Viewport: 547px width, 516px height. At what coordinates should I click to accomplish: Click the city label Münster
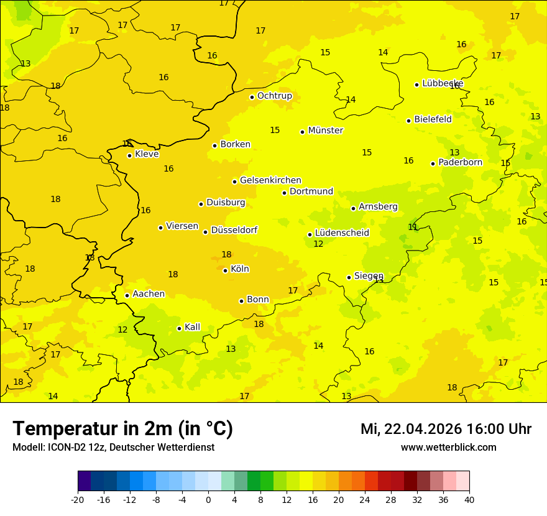(325, 131)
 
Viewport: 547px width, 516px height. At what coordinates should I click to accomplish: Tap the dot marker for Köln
(225, 270)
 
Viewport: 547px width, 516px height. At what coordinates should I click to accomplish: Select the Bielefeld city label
(433, 119)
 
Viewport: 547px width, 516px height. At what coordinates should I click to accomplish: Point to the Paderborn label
(460, 162)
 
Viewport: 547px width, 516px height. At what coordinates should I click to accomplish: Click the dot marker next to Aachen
(127, 295)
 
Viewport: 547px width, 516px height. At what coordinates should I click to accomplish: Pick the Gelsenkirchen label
(270, 180)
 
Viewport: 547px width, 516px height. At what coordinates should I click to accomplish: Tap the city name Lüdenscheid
(342, 233)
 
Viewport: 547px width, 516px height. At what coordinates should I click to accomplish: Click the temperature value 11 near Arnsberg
(413, 227)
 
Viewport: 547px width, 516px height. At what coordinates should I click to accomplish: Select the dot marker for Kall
(179, 328)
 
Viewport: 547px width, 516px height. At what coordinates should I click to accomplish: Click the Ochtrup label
(274, 96)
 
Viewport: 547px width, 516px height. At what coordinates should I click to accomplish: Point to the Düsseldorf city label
(234, 230)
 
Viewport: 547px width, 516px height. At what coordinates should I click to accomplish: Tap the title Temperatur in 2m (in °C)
(122, 428)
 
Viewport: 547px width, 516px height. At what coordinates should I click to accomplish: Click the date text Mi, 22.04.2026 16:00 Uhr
(446, 429)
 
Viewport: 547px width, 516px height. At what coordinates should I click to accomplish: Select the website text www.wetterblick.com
(448, 447)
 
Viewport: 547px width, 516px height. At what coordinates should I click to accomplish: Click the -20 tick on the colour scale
(78, 499)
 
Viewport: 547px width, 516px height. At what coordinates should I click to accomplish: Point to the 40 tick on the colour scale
(469, 499)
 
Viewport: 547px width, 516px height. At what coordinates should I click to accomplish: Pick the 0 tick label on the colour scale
(208, 499)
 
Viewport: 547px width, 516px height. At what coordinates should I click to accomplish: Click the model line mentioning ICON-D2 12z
(113, 447)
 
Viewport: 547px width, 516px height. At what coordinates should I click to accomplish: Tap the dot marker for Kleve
(129, 155)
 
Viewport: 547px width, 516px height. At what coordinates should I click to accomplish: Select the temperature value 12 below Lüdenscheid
(318, 244)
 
